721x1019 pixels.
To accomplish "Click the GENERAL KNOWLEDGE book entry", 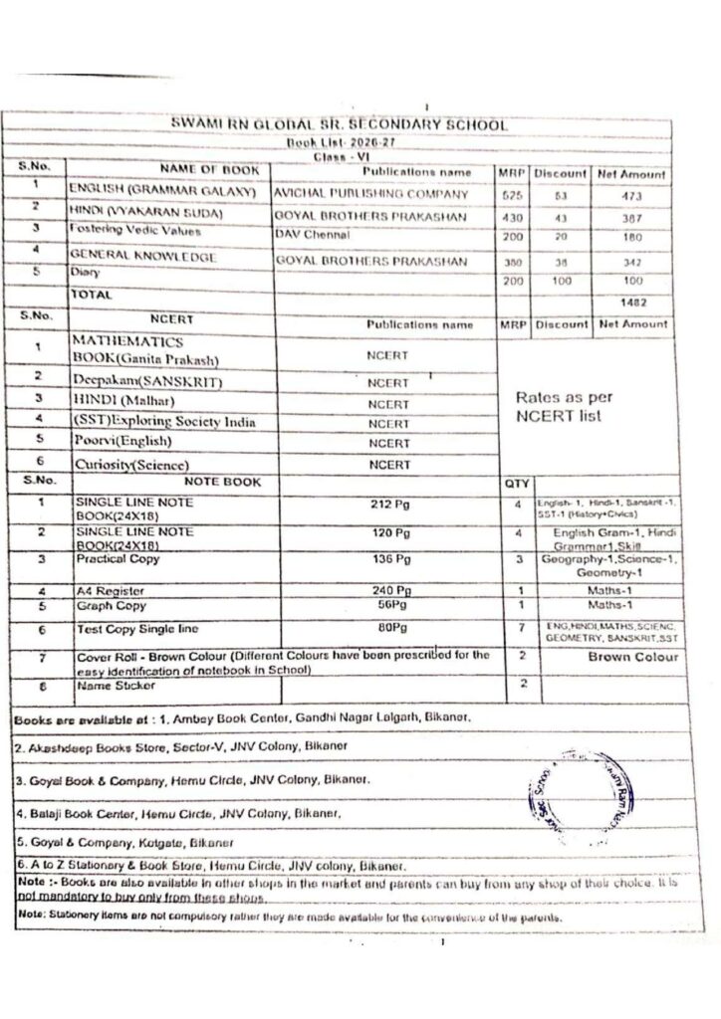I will click(x=141, y=257).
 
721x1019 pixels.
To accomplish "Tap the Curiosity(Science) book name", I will click(x=132, y=465).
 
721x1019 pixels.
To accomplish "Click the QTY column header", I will click(x=516, y=483).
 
